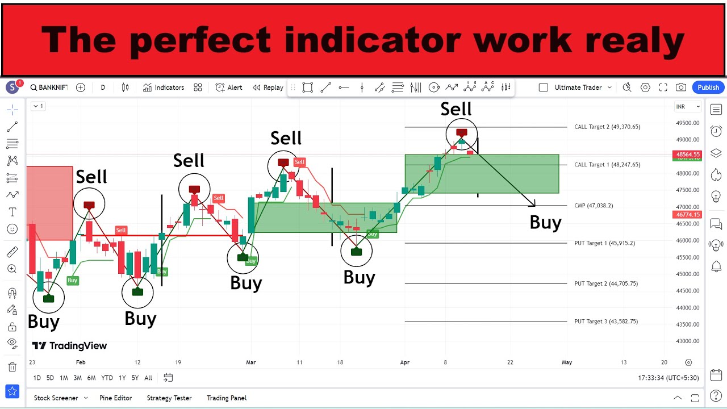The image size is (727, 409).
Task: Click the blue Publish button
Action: pyautogui.click(x=708, y=87)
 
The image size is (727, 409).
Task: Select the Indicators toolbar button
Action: pyautogui.click(x=164, y=87)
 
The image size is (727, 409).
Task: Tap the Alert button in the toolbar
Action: pyautogui.click(x=229, y=87)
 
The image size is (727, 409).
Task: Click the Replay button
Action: pyautogui.click(x=268, y=87)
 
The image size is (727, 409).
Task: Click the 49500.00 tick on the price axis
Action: pyautogui.click(x=687, y=123)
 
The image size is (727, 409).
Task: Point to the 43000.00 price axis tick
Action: pyautogui.click(x=687, y=341)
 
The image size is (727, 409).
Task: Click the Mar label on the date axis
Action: pyautogui.click(x=250, y=362)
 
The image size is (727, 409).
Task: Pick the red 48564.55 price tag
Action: pyautogui.click(x=688, y=155)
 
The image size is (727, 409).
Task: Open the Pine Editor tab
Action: pyautogui.click(x=115, y=398)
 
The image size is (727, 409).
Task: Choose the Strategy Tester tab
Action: pyautogui.click(x=169, y=398)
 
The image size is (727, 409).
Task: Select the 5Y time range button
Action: pyautogui.click(x=135, y=378)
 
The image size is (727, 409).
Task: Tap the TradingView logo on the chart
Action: pyautogui.click(x=69, y=345)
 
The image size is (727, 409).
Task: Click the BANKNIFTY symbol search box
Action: pyautogui.click(x=49, y=87)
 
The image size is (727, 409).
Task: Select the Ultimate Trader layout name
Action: pyautogui.click(x=578, y=87)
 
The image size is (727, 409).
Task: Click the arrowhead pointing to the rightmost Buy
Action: pyautogui.click(x=533, y=204)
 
